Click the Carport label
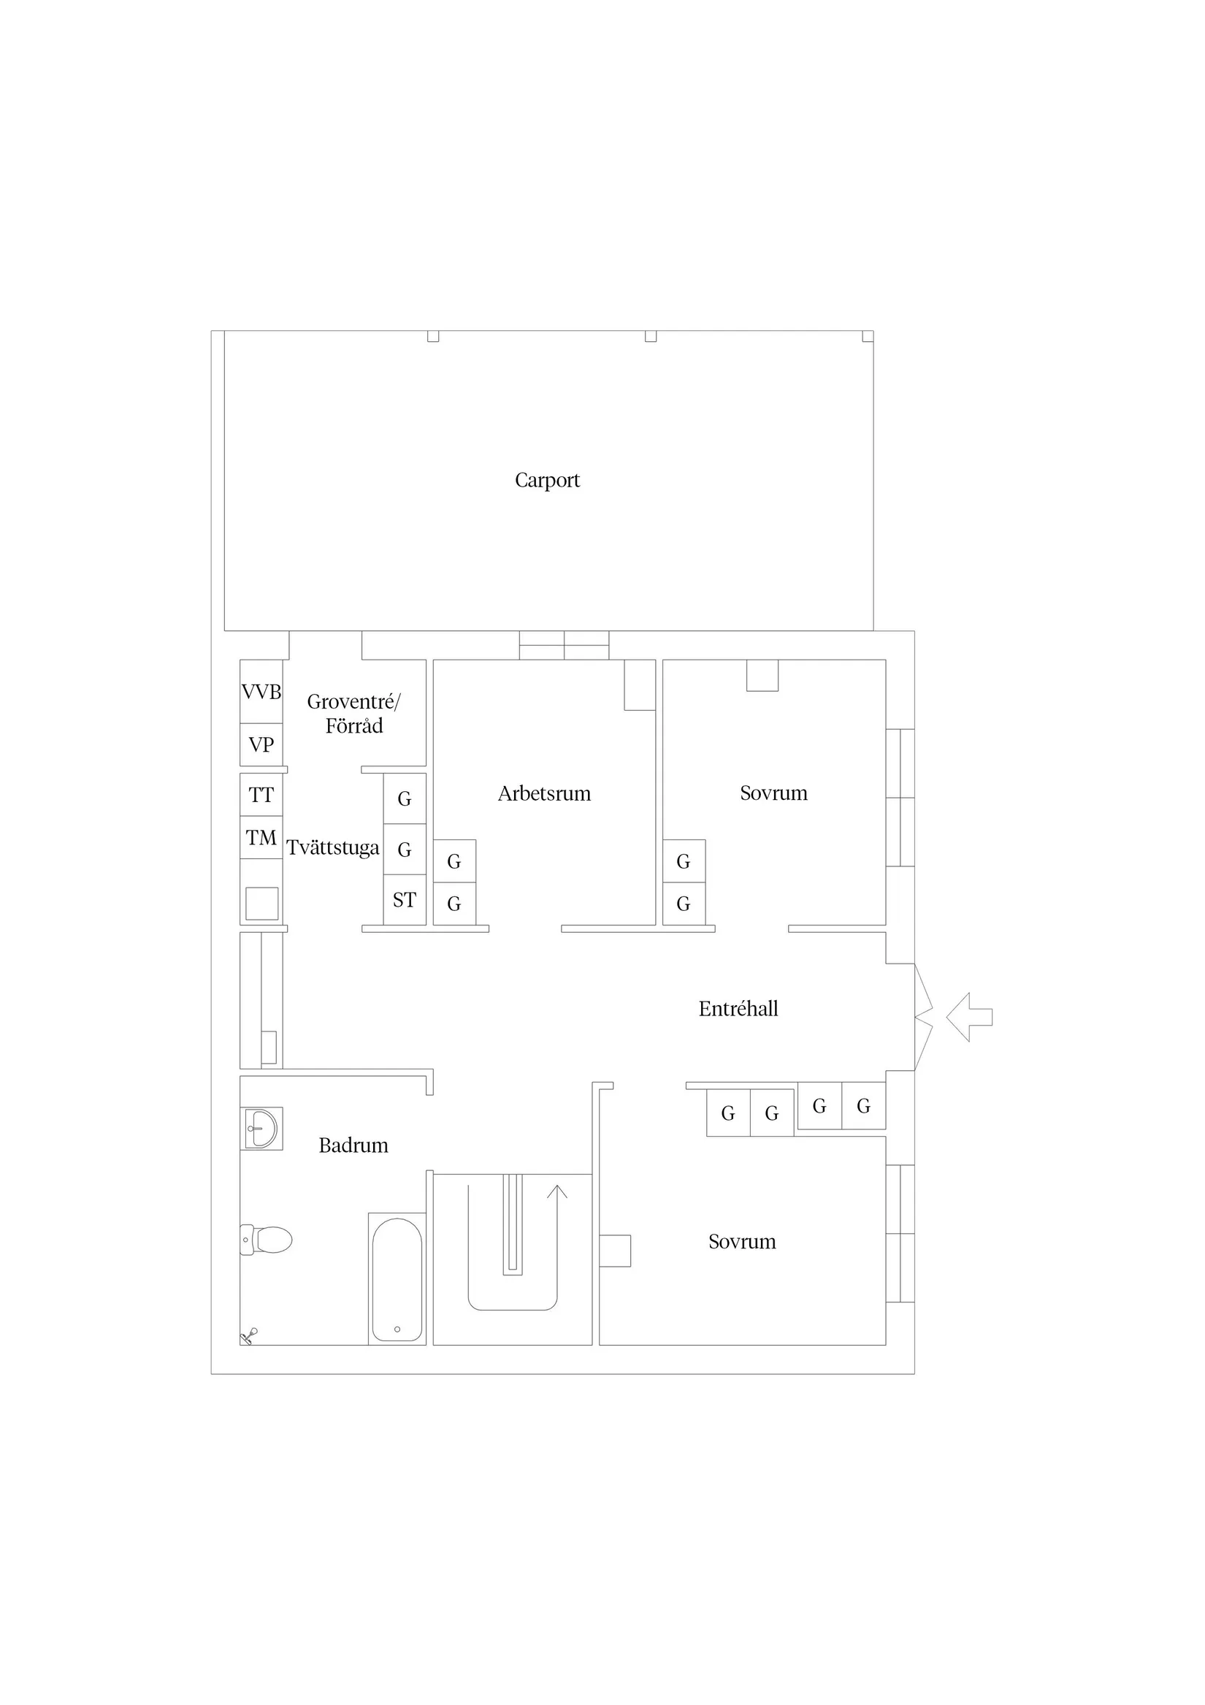[547, 481]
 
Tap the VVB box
[261, 692]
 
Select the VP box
[261, 745]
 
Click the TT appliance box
[261, 796]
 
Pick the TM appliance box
[261, 838]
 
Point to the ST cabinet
[405, 900]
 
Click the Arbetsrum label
[544, 794]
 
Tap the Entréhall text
[738, 1009]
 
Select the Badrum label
[353, 1146]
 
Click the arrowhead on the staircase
[556, 1191]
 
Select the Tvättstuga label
[332, 848]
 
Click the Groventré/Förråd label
[353, 714]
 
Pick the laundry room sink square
[261, 904]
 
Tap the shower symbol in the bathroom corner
[250, 1336]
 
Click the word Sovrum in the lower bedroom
[742, 1243]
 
